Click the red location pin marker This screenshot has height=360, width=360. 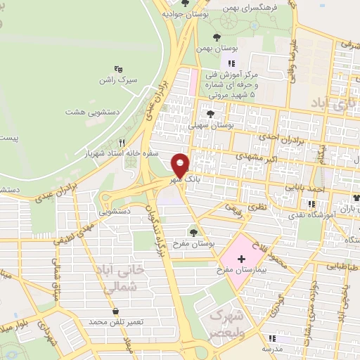181,165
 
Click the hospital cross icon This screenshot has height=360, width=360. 242,259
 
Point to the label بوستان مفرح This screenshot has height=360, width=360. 193,243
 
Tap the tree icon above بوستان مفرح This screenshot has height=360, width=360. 193,232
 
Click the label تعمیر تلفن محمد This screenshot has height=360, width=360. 116,321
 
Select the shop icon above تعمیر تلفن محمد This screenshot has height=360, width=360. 115,310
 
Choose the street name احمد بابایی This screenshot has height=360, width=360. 306,188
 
